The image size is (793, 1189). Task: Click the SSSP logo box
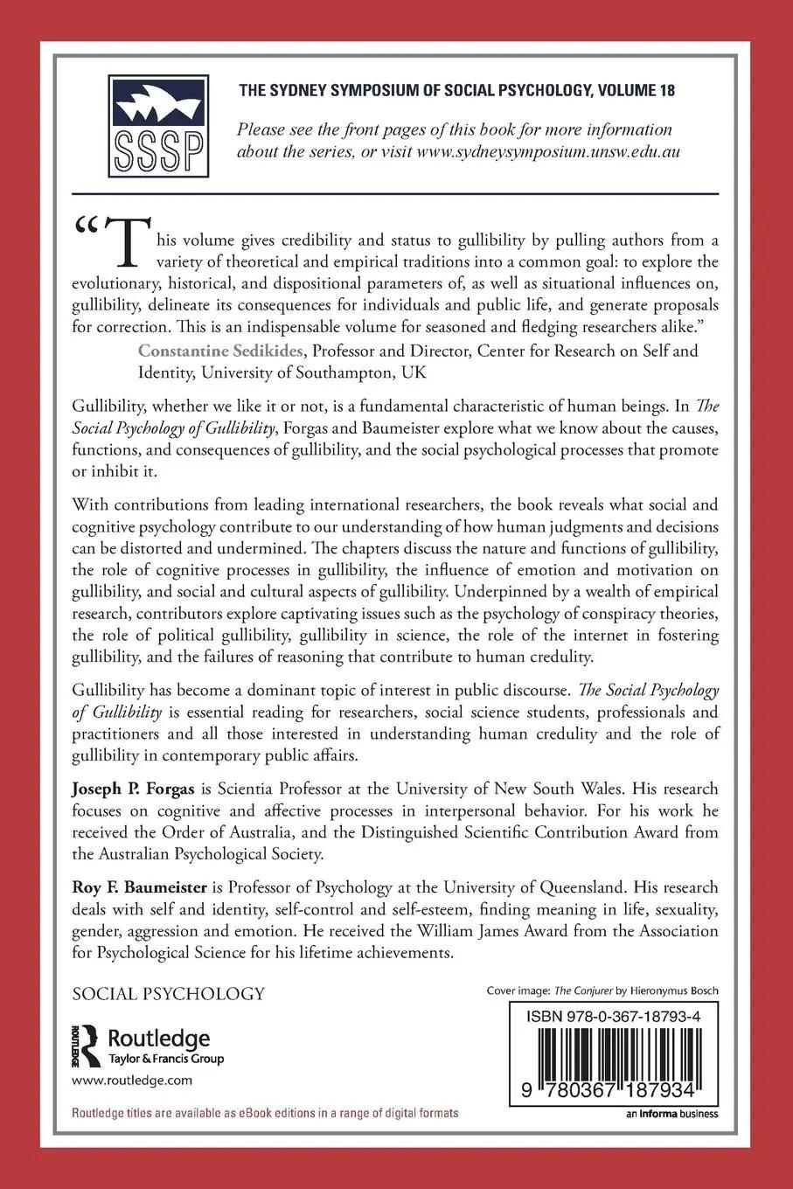point(158,126)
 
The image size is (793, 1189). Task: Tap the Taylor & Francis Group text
point(165,1059)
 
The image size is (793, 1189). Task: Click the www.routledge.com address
point(131,1081)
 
